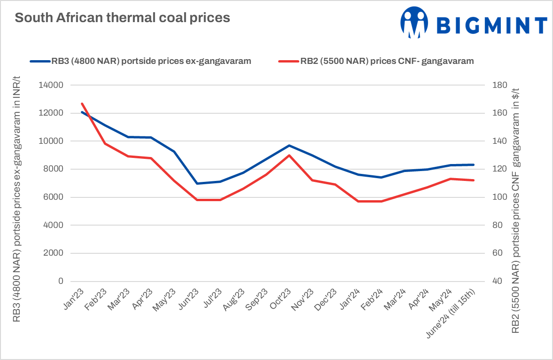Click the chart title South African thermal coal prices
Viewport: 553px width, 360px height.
[122, 18]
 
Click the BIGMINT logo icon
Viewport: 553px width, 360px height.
[415, 23]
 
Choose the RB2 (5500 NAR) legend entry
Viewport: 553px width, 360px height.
[376, 61]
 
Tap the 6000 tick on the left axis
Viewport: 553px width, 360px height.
[55, 197]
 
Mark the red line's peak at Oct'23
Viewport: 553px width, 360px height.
[289, 155]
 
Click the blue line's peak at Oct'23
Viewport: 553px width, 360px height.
[289, 146]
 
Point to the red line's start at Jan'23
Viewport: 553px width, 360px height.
[82, 103]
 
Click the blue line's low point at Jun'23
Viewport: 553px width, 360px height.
[197, 183]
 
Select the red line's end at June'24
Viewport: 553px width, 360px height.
[473, 180]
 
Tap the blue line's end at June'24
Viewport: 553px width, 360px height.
[473, 164]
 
